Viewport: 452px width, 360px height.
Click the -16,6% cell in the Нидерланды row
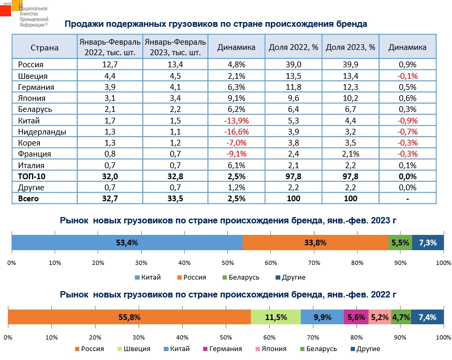pos(236,131)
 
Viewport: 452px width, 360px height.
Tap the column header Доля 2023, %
pos(350,47)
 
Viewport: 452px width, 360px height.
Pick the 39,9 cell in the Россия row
pos(350,65)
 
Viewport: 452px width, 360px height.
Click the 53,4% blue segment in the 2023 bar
pos(127,243)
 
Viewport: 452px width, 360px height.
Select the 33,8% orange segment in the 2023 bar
pos(315,243)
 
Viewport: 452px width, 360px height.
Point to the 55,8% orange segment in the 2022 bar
pos(129,317)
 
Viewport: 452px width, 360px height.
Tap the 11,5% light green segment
pos(276,317)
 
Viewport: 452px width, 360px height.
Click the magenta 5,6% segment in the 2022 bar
pos(356,317)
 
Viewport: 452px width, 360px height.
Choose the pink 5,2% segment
pos(380,317)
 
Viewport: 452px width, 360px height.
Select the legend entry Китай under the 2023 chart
pos(148,277)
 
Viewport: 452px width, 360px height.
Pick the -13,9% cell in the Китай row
pos(236,120)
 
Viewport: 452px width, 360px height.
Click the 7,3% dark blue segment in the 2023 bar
pos(428,243)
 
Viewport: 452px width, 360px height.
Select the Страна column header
pos(44,47)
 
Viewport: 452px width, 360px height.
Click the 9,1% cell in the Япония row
pos(236,98)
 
